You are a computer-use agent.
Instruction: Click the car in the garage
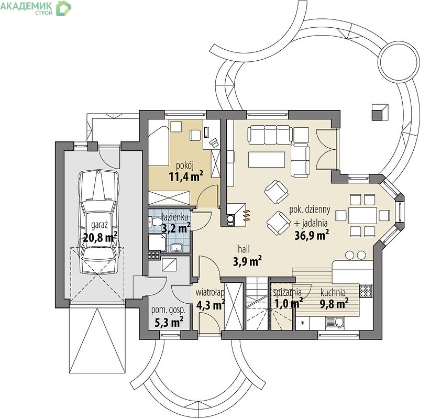[99, 222]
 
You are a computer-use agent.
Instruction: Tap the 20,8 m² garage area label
[100, 237]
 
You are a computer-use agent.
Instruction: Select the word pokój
[185, 166]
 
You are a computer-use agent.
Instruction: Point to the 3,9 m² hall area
[247, 261]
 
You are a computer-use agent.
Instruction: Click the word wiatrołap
[210, 292]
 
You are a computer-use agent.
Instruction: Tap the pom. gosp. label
[168, 310]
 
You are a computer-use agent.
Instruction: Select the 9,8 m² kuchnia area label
[334, 303]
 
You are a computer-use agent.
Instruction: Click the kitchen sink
[335, 323]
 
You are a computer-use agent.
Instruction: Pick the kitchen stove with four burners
[366, 291]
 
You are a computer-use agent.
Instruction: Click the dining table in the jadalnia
[362, 215]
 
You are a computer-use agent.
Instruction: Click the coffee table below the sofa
[267, 159]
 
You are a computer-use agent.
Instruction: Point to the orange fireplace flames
[247, 215]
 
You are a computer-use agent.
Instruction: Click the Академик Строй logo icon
[63, 8]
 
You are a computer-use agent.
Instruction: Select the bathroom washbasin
[177, 248]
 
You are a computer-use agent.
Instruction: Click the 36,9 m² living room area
[312, 235]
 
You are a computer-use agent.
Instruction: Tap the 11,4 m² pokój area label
[185, 177]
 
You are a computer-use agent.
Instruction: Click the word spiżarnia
[287, 292]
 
